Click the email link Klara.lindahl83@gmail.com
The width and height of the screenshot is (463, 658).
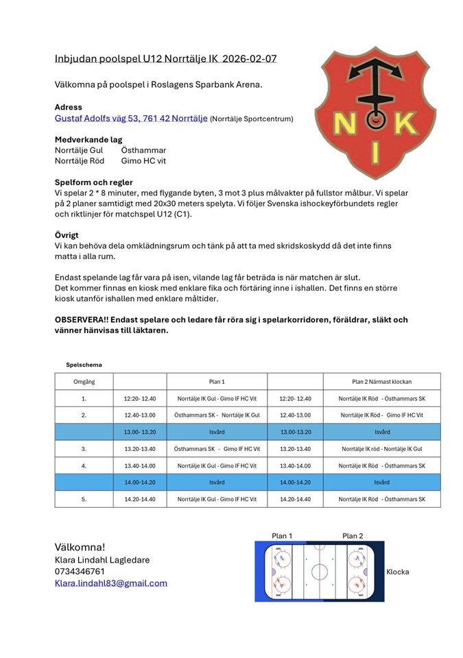pos(111,583)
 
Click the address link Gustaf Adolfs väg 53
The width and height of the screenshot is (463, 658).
pos(131,119)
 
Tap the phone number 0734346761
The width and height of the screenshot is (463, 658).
pos(80,572)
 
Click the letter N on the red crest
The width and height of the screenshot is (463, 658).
pos(341,123)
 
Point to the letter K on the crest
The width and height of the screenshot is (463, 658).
pos(405,123)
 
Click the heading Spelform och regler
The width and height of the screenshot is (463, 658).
pos(94,182)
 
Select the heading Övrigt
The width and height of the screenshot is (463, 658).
pos(68,235)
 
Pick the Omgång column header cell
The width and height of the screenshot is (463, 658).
pos(84,382)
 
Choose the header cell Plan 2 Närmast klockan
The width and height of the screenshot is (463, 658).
pos(382,382)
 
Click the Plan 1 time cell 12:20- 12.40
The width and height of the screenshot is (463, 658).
pos(140,398)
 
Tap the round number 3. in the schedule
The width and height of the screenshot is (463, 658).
pos(84,449)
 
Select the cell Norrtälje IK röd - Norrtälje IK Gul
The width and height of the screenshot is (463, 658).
pos(382,449)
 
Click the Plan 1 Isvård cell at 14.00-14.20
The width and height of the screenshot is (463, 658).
pos(217,483)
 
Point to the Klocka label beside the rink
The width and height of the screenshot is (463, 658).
pos(398,572)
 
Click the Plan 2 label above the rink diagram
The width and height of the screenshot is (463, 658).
pos(353,536)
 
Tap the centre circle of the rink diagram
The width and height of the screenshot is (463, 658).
pos(318,571)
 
